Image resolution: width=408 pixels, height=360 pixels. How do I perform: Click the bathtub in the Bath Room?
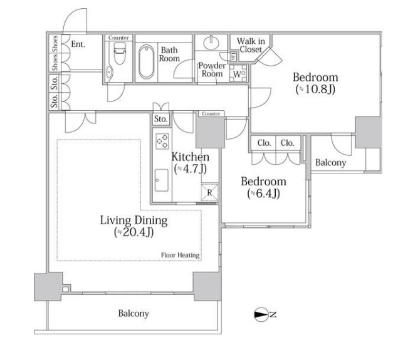pos(147,61)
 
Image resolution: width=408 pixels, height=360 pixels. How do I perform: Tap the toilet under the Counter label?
pos(120,53)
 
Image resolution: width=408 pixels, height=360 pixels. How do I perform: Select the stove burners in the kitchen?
pos(162,141)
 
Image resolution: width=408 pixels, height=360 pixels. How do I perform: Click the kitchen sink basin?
pos(162,180)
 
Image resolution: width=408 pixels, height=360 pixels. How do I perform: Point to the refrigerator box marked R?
pos(210,193)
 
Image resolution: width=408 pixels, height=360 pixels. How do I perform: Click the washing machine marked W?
pos(238,73)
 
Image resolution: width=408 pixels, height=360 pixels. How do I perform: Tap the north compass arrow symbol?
pos(261,314)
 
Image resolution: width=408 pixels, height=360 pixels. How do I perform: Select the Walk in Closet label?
pos(251,45)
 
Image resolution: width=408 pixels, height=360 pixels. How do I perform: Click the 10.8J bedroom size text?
pos(315,90)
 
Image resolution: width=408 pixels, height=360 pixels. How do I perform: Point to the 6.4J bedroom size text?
pos(264,193)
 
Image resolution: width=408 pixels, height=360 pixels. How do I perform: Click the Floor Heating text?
pos(180,255)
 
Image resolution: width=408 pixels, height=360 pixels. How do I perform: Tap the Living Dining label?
pos(133,220)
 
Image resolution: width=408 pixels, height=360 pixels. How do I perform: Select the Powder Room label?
pos(212,69)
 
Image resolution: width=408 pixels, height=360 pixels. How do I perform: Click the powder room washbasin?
pos(211,43)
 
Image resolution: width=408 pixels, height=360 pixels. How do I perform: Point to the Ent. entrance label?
pos(78,44)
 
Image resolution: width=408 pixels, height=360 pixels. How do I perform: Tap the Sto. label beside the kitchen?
pos(160,119)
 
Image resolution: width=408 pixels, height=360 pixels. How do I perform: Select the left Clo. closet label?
pos(264,143)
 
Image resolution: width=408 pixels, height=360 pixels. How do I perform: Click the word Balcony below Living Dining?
pos(133,314)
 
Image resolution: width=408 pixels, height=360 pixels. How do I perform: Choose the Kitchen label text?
pos(190,157)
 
